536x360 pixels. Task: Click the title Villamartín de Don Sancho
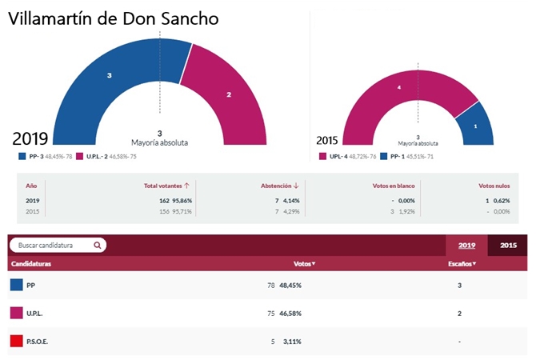(113, 19)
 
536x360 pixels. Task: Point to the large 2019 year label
(30, 138)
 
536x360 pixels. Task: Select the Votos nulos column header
(494, 185)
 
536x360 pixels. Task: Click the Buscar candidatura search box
(58, 246)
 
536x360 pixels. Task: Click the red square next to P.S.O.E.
(16, 342)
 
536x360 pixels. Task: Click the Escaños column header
(462, 263)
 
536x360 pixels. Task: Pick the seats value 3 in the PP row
(459, 285)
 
